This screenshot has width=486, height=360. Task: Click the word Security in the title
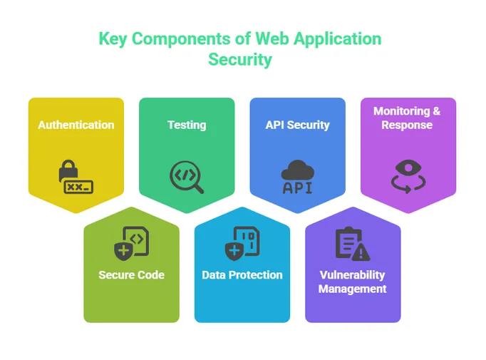pyautogui.click(x=240, y=59)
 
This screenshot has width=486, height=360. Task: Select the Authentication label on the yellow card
pyautogui.click(x=76, y=125)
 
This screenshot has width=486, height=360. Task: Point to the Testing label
pyautogui.click(x=187, y=125)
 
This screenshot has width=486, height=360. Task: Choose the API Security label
pyautogui.click(x=297, y=125)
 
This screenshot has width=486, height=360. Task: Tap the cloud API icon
pyautogui.click(x=297, y=177)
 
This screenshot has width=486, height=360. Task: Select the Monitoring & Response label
pyautogui.click(x=407, y=118)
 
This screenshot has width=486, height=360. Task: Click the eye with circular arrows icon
pyautogui.click(x=408, y=175)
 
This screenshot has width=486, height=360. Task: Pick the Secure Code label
pyautogui.click(x=131, y=274)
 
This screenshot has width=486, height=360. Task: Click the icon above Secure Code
pyautogui.click(x=131, y=242)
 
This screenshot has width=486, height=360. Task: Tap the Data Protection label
pyautogui.click(x=242, y=274)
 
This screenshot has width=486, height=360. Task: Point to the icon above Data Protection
pyautogui.click(x=242, y=242)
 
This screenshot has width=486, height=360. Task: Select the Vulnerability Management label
pyautogui.click(x=353, y=282)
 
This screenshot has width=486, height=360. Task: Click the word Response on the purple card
pyautogui.click(x=407, y=125)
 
